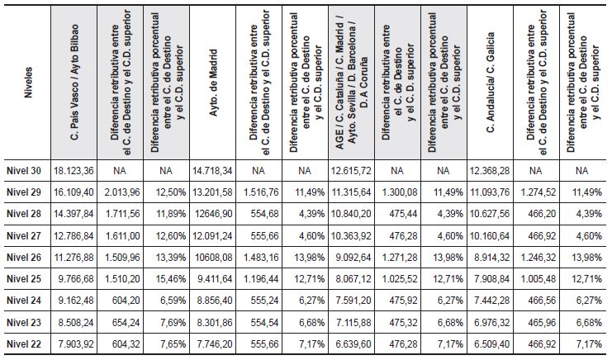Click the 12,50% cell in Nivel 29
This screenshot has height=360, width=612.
point(168,192)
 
